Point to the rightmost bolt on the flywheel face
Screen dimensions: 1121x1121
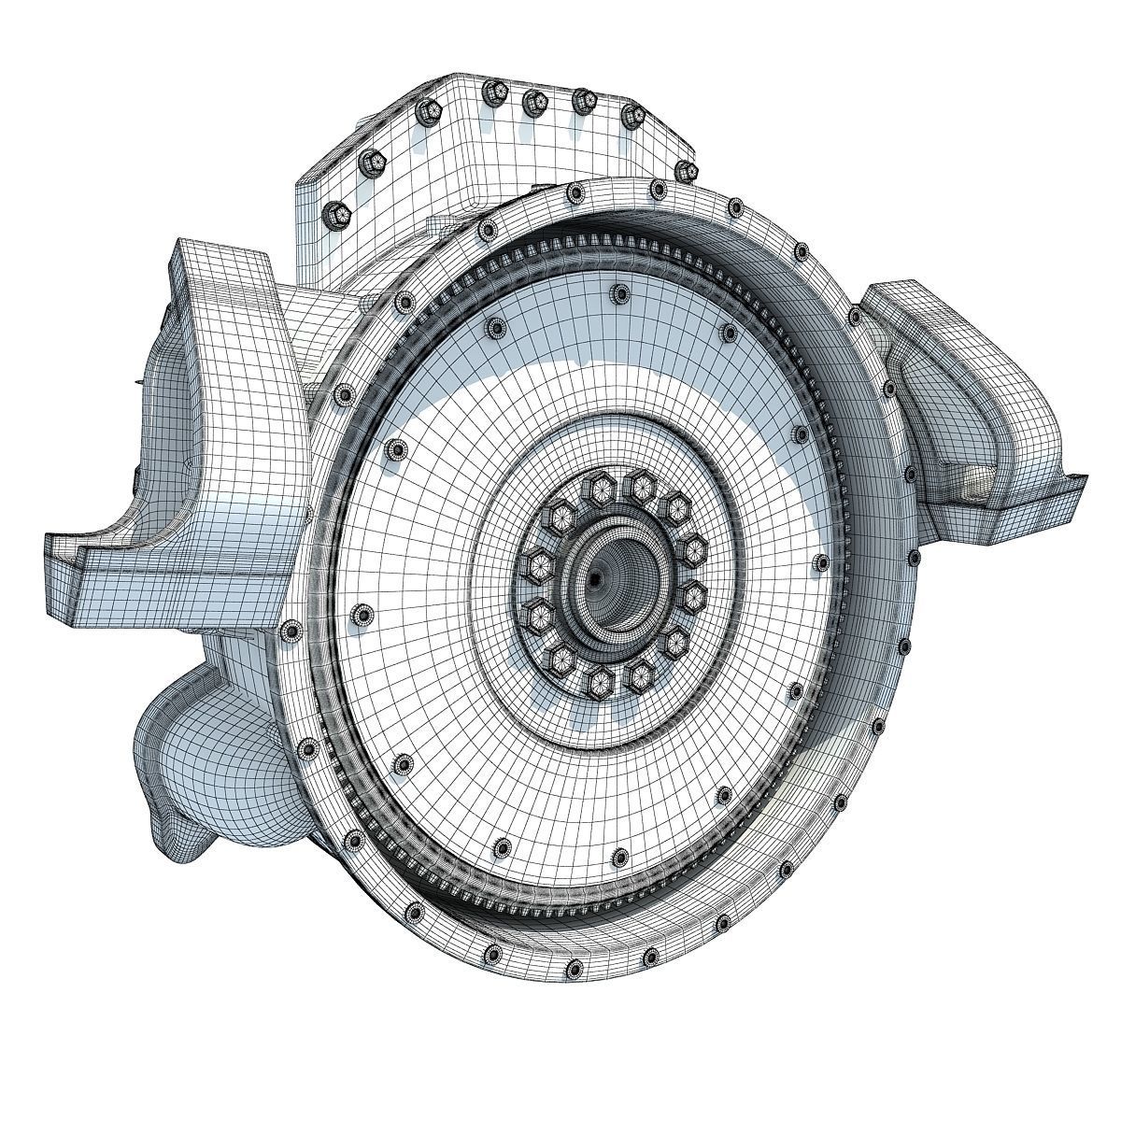pyautogui.click(x=821, y=563)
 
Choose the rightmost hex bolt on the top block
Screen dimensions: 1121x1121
pyautogui.click(x=687, y=170)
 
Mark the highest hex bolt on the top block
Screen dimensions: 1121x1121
pyautogui.click(x=490, y=91)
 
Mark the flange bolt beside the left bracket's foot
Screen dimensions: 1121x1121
pyautogui.click(x=292, y=631)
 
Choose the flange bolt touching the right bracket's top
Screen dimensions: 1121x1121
pyautogui.click(x=857, y=318)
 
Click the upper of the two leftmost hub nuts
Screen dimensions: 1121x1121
pyautogui.click(x=540, y=562)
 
